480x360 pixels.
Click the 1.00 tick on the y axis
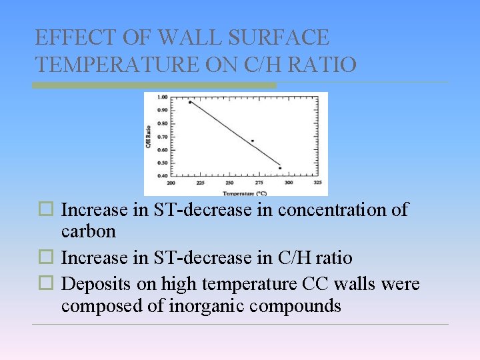(x=163, y=97)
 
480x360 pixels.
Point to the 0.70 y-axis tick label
(x=163, y=137)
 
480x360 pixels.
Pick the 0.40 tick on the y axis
(x=163, y=176)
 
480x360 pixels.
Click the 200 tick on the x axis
(x=171, y=182)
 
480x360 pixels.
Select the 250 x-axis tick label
(x=229, y=182)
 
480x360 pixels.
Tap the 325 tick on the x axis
(x=317, y=182)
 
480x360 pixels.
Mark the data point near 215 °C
(x=190, y=102)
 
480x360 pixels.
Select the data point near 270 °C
(x=253, y=141)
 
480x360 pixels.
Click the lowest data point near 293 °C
(x=280, y=168)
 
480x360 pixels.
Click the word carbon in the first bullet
(x=89, y=231)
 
